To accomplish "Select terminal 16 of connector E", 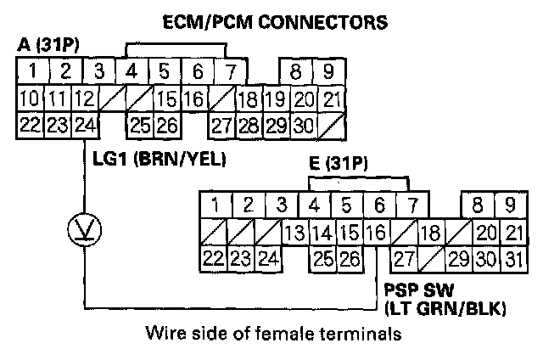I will (x=376, y=232).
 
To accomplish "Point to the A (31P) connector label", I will (x=43, y=43).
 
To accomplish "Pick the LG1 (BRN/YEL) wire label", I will (x=157, y=156).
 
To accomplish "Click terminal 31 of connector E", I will (x=510, y=258).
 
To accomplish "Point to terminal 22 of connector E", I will (x=214, y=258).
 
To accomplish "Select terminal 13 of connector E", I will (x=294, y=232).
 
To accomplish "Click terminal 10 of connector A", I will (x=30, y=98).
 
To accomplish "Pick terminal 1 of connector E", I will (x=216, y=205).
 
